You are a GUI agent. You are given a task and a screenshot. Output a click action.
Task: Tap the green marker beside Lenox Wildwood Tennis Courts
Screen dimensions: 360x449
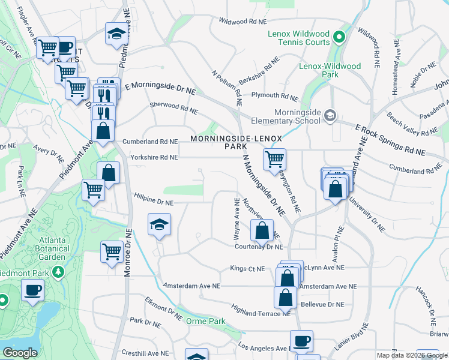point(339,38)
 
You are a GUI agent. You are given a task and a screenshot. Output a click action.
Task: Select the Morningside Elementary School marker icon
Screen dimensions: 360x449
point(330,115)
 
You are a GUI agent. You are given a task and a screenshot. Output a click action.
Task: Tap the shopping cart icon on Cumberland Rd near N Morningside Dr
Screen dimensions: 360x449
point(274,159)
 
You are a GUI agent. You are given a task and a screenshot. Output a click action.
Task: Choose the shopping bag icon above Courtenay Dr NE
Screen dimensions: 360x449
point(262,230)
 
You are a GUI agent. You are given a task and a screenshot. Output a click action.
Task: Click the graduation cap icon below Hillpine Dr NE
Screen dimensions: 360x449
point(158,225)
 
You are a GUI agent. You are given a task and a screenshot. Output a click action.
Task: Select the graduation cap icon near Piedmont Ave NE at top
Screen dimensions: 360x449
point(116,34)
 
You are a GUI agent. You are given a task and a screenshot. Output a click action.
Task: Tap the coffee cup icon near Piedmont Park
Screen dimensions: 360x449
point(32,292)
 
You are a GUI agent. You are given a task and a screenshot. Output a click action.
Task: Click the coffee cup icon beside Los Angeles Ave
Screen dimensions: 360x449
point(301,341)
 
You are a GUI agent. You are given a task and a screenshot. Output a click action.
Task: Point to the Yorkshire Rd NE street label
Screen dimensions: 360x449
point(153,157)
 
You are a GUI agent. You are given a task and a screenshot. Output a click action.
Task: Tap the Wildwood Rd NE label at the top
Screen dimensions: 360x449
point(242,22)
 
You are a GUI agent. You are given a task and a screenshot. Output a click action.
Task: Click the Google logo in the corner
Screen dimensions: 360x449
point(20,352)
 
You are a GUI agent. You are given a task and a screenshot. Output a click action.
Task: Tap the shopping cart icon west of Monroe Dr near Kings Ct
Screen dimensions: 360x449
point(112,252)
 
